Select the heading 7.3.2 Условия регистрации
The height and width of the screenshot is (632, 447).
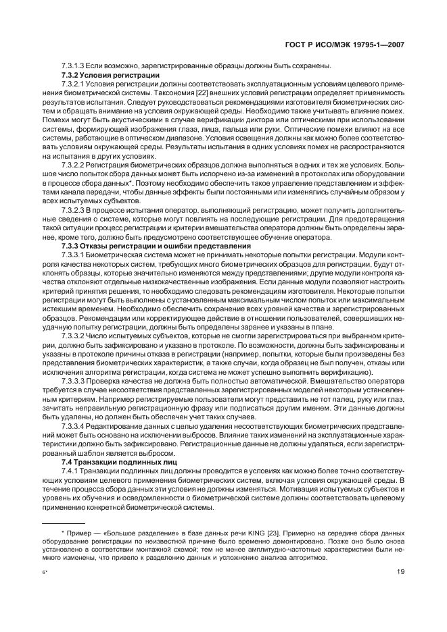(110, 74)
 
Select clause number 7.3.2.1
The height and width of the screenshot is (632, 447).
(74, 83)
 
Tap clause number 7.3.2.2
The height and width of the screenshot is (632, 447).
(74, 165)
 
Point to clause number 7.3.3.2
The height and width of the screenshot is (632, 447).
(74, 336)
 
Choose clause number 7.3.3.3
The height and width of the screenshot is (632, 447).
(74, 380)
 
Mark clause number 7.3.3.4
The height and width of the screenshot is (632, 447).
(74, 427)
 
